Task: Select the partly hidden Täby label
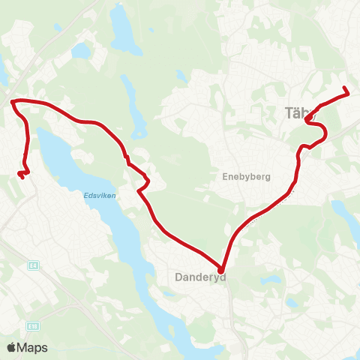tap(294, 113)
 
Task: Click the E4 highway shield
tap(34, 265)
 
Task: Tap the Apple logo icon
tap(12, 347)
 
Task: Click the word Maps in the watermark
tap(34, 347)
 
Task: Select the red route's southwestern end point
tap(20, 175)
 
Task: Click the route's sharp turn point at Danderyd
tap(221, 270)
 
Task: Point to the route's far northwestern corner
tap(13, 100)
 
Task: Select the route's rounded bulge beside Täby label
tap(325, 133)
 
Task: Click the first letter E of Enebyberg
tap(225, 178)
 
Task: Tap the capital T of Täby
tap(288, 113)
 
